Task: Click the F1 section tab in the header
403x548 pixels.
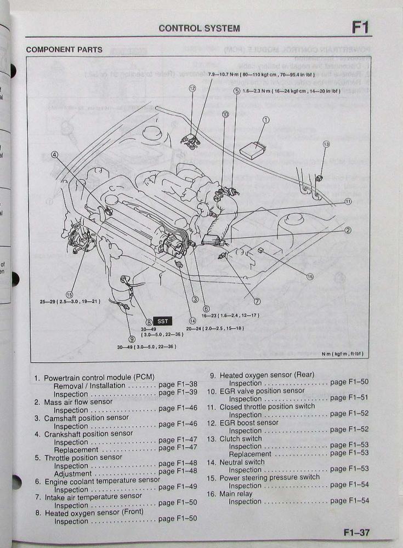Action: click(x=360, y=27)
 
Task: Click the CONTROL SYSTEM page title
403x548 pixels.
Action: click(x=199, y=28)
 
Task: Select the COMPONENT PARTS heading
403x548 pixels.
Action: click(x=64, y=50)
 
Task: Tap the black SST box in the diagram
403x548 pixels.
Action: click(x=162, y=321)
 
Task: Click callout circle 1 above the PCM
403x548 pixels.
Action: click(x=266, y=119)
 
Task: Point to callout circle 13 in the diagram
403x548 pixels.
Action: click(x=326, y=144)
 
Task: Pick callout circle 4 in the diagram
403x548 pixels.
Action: click(x=54, y=155)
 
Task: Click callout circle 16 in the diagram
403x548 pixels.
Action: click(x=310, y=277)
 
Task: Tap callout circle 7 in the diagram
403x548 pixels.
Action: click(x=257, y=301)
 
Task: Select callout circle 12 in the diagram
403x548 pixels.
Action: click(x=192, y=88)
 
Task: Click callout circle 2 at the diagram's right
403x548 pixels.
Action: click(x=348, y=230)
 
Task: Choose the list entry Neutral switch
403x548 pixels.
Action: click(x=244, y=462)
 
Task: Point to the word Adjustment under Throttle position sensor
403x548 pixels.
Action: click(x=73, y=473)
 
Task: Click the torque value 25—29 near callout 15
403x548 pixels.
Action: click(x=47, y=301)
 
